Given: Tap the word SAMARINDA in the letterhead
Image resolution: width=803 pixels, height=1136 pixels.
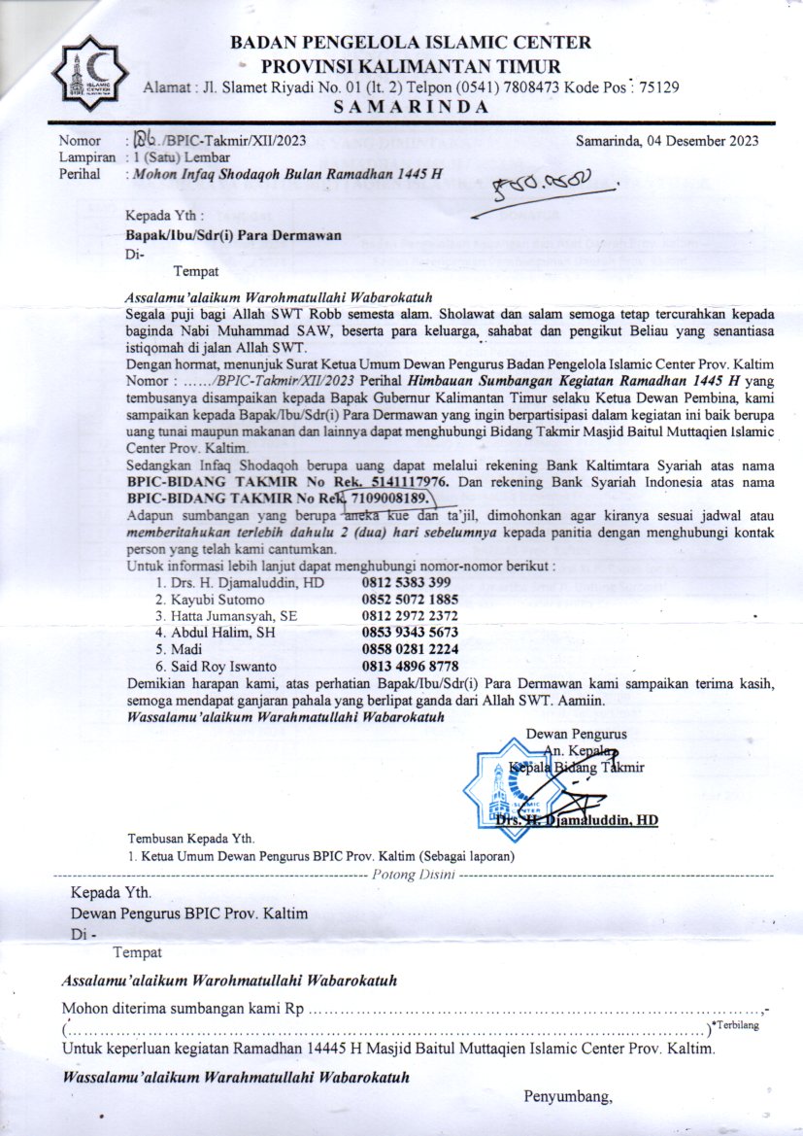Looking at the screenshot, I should pyautogui.click(x=413, y=108).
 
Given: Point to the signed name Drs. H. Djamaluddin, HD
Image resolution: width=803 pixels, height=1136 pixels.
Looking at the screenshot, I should pyautogui.click(x=577, y=821).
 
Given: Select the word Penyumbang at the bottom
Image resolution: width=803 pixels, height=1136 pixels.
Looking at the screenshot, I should pyautogui.click(x=568, y=1098).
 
